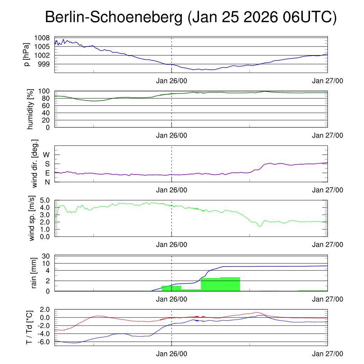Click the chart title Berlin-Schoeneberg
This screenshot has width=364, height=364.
coord(114,17)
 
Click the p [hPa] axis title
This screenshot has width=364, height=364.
coord(27,54)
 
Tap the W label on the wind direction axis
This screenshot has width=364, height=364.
coord(46,155)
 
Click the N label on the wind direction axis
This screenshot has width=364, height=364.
coord(47,182)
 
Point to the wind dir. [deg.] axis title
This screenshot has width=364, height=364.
coord(34,164)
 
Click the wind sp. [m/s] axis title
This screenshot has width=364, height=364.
coord(32,219)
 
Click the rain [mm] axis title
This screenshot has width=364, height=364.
coord(34,273)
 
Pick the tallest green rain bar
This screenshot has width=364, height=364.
coord(230,284)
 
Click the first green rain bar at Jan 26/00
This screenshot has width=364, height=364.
coord(172,288)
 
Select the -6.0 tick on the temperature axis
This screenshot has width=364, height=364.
coord(43,342)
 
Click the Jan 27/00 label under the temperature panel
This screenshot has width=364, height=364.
coord(327,354)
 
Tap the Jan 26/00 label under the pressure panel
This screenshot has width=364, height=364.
coord(172,81)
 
